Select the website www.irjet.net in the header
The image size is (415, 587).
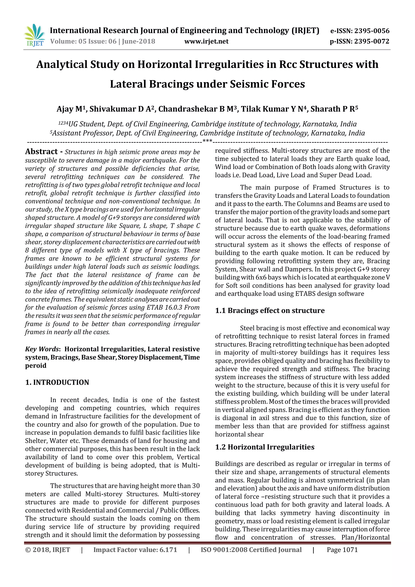[x=206, y=41]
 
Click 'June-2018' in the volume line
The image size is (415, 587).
[x=139, y=41]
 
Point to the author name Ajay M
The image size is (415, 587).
[x=69, y=109]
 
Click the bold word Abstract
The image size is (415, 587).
[x=41, y=152]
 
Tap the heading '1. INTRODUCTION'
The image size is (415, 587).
[x=57, y=382]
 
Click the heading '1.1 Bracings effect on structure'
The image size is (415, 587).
[x=270, y=311]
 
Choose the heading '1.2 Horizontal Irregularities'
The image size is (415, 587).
[x=265, y=447]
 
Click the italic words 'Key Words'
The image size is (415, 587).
[x=42, y=349]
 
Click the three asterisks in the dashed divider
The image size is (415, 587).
[x=207, y=141]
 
